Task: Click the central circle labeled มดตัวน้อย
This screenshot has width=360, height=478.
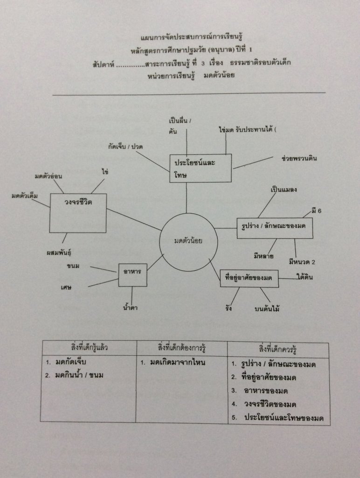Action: pos(188,241)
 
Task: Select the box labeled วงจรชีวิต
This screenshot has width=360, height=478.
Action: pos(78,212)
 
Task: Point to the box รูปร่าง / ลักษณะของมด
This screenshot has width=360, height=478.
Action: pos(274,228)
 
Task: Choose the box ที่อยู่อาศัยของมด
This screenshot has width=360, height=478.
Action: pos(249,279)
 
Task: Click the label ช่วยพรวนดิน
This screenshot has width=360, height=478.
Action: pos(299,158)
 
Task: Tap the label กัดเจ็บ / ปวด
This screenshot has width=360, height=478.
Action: pos(125,147)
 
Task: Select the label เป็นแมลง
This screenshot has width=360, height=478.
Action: pos(284,190)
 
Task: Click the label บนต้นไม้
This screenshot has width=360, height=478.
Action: pos(267,309)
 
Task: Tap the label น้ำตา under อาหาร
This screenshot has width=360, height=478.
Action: pos(130,308)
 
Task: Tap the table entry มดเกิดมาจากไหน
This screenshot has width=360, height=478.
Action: pos(178,363)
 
